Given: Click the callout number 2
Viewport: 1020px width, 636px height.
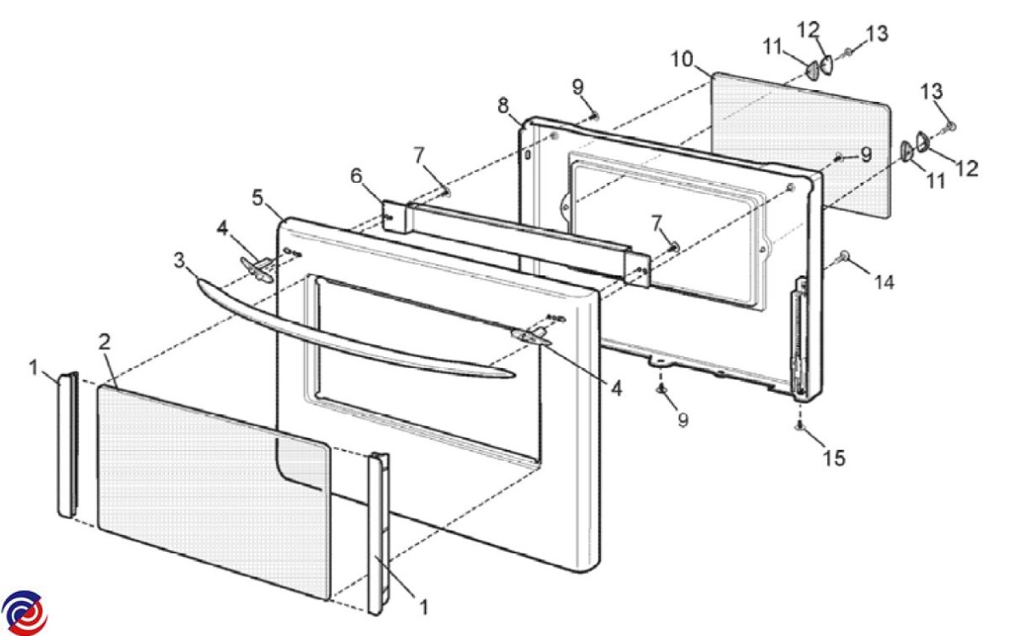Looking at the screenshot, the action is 105,342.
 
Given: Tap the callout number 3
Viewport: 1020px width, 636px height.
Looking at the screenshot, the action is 180,261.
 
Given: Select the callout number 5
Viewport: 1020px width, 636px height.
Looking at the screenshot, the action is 258,198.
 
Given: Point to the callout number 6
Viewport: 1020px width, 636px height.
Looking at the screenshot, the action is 356,176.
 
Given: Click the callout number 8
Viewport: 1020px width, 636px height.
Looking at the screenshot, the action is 503,106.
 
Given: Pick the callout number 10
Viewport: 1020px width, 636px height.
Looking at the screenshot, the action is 682,60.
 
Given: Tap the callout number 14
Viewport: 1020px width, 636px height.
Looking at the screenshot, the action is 884,283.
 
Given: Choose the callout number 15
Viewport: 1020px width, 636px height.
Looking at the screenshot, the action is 834,457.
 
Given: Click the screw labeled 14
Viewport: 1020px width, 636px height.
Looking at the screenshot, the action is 843,258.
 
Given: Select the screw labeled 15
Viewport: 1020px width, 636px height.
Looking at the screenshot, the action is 800,427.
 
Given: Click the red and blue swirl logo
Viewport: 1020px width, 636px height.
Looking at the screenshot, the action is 24,613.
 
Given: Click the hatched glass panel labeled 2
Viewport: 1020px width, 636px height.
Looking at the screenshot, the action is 213,492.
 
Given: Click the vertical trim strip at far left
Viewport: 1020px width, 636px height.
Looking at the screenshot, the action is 68,445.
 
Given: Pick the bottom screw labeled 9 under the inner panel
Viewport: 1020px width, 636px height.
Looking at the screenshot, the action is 661,389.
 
